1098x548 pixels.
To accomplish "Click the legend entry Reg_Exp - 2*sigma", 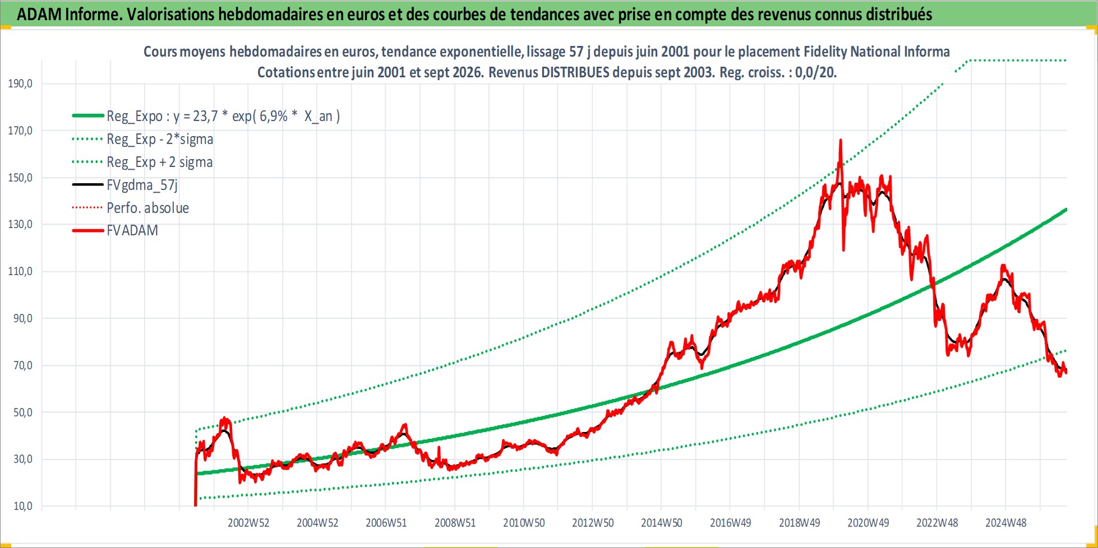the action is tap(160, 139).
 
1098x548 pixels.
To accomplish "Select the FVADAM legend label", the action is tap(132, 230).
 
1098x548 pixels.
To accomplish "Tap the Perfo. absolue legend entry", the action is tap(147, 208).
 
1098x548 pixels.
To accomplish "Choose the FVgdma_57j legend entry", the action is tap(142, 185).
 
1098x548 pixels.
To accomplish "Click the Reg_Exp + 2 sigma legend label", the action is tap(160, 162).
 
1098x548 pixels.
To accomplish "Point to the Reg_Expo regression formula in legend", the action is tap(223, 116).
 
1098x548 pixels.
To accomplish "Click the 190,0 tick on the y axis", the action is tap(20, 83).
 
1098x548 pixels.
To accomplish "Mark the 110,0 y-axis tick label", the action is tap(20, 271).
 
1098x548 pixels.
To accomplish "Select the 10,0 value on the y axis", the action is tap(23, 506).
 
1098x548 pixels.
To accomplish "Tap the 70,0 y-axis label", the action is tap(23, 365).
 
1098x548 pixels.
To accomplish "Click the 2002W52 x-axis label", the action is tap(248, 523).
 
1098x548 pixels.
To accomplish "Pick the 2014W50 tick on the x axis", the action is tap(662, 523).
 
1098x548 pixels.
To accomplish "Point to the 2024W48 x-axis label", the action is tap(1006, 523).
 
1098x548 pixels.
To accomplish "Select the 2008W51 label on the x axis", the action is tap(455, 523).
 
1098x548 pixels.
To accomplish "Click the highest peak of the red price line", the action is tap(840, 140).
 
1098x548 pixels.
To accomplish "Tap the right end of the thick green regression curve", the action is tap(1066, 210).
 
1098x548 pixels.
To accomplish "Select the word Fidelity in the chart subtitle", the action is tap(825, 52).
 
